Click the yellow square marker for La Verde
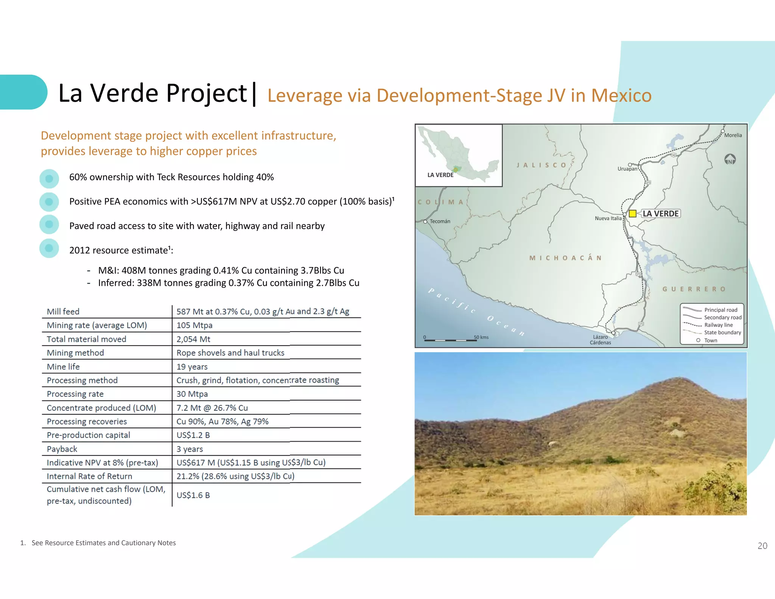click(632, 214)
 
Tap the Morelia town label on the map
click(733, 135)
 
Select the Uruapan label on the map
click(627, 169)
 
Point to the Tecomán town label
click(440, 222)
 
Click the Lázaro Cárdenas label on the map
click(600, 340)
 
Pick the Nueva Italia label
click(608, 218)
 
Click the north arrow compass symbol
click(730, 159)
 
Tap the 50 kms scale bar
click(450, 340)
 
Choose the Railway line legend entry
click(718, 325)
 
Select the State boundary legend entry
click(722, 332)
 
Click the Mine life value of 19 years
click(192, 367)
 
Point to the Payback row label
click(62, 449)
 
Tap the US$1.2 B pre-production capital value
click(193, 435)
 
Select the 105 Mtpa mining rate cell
click(195, 325)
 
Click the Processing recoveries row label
click(87, 421)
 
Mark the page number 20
click(762, 546)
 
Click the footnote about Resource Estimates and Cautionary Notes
click(103, 543)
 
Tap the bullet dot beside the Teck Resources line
click(49, 179)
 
